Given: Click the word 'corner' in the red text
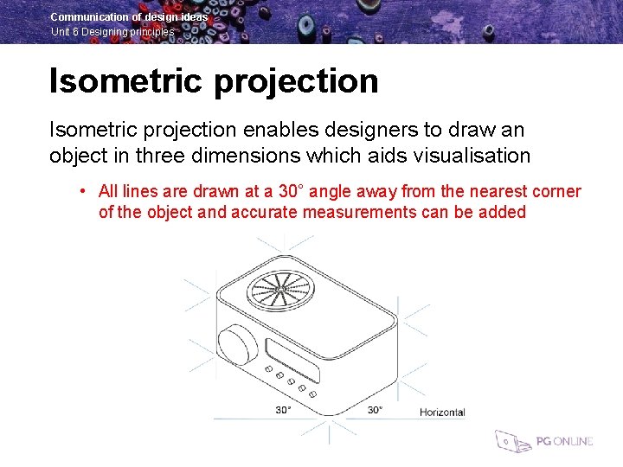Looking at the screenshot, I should [554, 191].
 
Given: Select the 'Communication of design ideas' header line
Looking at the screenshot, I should [129, 16].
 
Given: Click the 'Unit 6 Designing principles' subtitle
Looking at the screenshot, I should [112, 32].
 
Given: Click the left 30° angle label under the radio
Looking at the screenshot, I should [283, 410].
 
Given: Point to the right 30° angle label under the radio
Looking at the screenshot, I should [375, 410].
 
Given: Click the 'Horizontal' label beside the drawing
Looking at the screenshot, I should [441, 413].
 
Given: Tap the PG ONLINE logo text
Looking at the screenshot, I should [564, 441].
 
